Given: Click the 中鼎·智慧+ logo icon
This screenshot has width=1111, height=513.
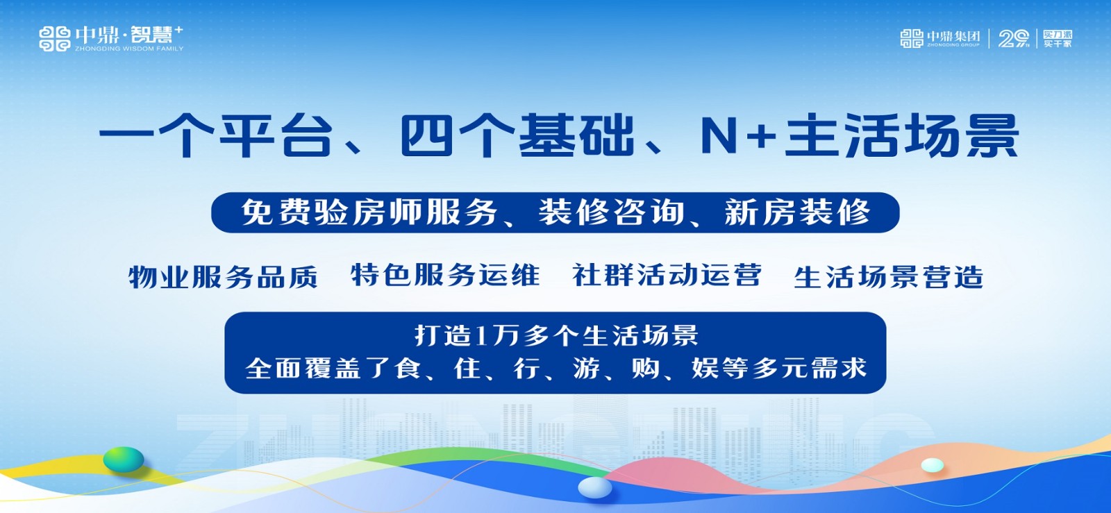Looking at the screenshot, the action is coord(55,39).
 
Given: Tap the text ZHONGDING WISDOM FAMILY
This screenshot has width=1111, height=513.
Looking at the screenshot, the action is coord(129,49).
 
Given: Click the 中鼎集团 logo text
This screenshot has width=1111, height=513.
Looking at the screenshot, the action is coord(953,36).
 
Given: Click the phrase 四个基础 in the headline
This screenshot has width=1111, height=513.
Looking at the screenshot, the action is coord(517,135).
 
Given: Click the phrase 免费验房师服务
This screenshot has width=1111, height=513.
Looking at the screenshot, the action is coord(369,212).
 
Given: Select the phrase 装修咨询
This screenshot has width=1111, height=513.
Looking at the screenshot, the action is coord(612,212).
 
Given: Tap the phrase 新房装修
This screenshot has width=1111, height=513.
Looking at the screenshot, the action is coord(798,212).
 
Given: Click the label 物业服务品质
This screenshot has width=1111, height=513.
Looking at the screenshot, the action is coord(223,276).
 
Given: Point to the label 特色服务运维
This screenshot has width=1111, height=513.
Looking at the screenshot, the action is coord(445,275).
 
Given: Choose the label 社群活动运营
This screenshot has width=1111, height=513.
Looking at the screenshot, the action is coord(667,275).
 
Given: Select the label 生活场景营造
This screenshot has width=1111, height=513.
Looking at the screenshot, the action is coord(889,277).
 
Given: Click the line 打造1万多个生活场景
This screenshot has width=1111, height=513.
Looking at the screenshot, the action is coord(556,336).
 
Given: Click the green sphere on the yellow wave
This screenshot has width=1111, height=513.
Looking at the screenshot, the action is coord(124,459).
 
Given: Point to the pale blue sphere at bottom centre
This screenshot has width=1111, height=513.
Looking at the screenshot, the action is coord(595,487).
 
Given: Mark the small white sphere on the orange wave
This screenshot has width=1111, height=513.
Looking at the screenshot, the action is coord(933,465).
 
